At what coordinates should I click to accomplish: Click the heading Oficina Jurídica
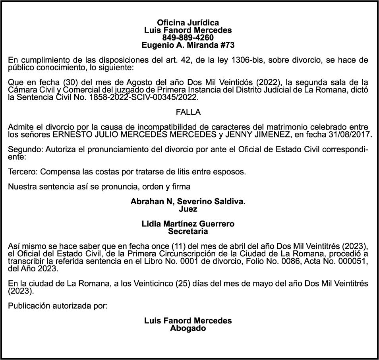click(188, 23)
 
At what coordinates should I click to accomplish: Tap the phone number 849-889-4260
click(188, 38)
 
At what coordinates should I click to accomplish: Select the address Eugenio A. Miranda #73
click(188, 45)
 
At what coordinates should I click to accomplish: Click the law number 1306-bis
click(253, 60)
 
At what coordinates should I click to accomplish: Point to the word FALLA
click(188, 112)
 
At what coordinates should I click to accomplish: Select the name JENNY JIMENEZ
click(257, 135)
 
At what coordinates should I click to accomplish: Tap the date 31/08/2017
click(350, 135)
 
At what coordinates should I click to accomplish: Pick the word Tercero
click(23, 172)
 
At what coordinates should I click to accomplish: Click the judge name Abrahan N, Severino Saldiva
click(188, 202)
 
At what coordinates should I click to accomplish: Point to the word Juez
click(188, 209)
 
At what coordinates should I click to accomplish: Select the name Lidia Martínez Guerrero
click(188, 224)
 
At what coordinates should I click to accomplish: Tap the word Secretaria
click(188, 231)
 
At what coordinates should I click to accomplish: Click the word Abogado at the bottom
click(188, 328)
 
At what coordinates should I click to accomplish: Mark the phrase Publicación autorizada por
click(58, 306)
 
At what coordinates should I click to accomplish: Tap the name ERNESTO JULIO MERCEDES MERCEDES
click(134, 135)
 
